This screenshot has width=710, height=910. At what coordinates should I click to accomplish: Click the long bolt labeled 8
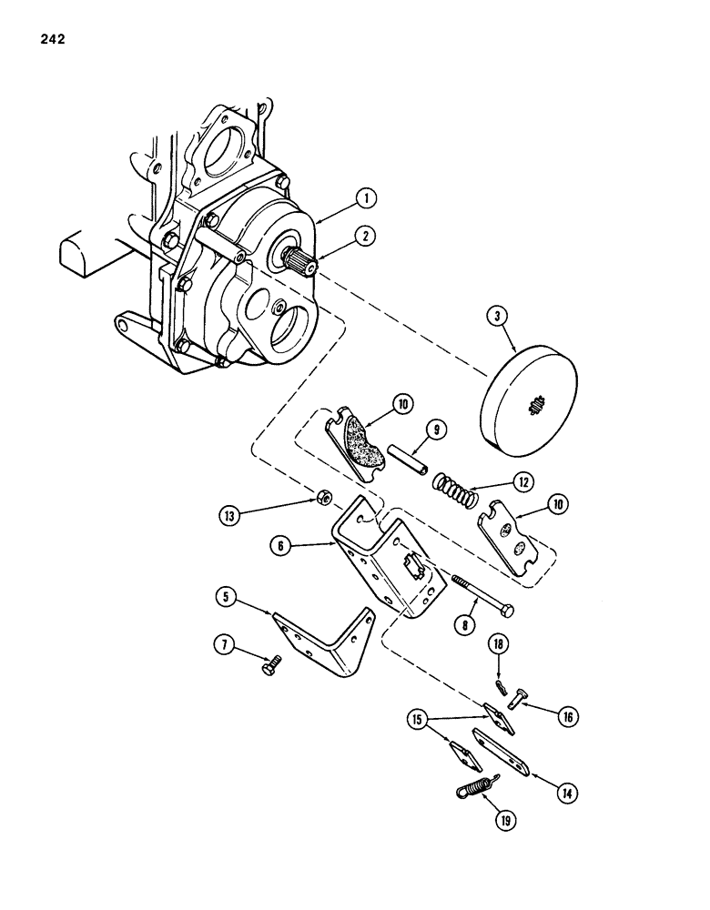point(482,595)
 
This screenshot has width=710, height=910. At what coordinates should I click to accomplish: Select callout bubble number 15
point(420,720)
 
